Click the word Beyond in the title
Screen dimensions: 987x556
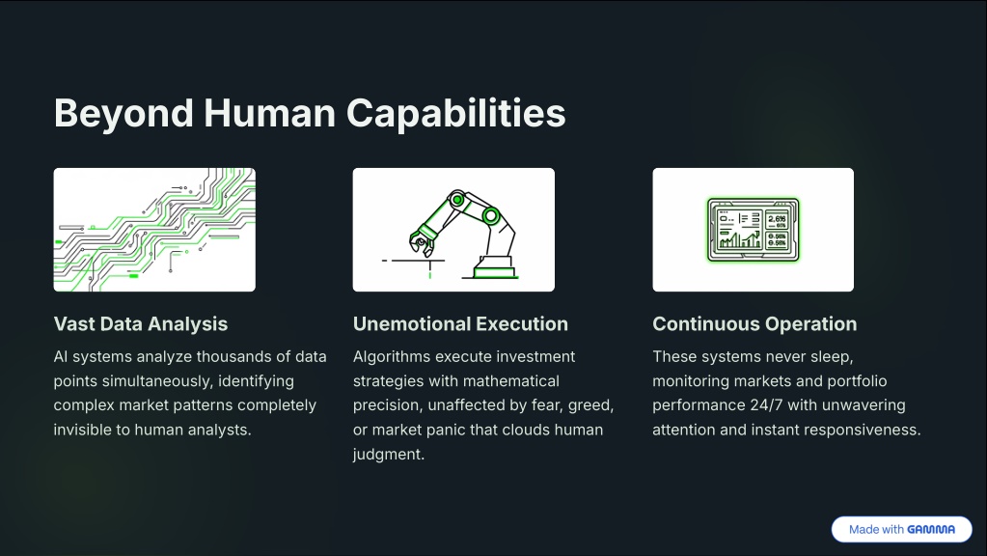[123, 114]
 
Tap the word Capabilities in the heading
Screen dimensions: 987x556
[455, 114]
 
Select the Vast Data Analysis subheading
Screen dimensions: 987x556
[140, 323]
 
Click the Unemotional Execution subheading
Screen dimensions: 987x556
[460, 323]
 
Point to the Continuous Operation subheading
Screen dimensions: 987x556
[754, 323]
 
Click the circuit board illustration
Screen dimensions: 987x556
[154, 229]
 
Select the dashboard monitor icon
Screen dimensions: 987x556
[753, 229]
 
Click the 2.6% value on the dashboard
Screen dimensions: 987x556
[777, 219]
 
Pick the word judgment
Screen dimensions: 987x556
[389, 455]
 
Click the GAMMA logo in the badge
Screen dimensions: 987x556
[931, 530]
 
